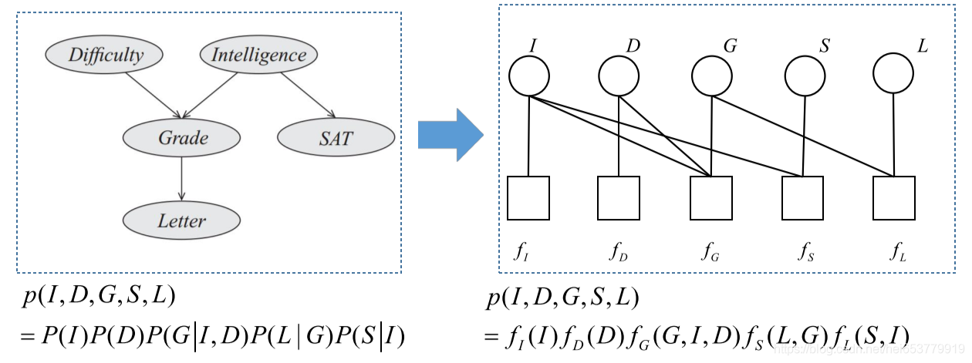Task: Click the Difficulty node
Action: (x=106, y=55)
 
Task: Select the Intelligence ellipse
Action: (x=258, y=55)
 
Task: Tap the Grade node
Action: (x=182, y=138)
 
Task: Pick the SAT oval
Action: (x=336, y=139)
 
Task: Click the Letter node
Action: (x=182, y=221)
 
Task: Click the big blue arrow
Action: (x=450, y=135)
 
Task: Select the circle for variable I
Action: (x=528, y=76)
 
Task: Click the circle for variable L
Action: (x=893, y=74)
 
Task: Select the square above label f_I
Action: (x=528, y=198)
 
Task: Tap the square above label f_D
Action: (x=619, y=198)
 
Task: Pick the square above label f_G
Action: (x=711, y=198)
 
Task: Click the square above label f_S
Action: (x=802, y=198)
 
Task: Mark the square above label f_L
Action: (x=893, y=198)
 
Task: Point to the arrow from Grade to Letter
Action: (x=182, y=179)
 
